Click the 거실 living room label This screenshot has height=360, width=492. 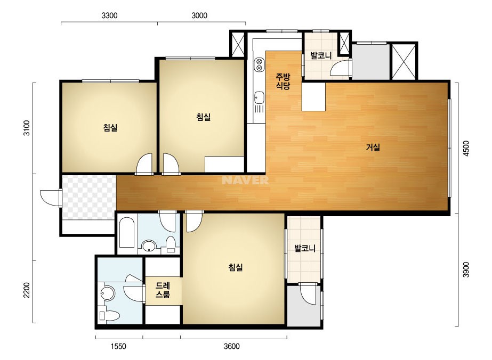(373, 147)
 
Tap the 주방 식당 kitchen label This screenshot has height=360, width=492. (283, 81)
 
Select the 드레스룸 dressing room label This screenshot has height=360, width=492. (163, 290)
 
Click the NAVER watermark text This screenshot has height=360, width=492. (245, 180)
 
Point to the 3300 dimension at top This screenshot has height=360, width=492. (109, 15)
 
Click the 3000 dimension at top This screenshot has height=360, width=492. (199, 15)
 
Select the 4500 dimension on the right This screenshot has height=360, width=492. (466, 149)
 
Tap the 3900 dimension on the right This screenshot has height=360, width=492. (466, 269)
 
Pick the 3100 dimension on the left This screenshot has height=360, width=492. (27, 128)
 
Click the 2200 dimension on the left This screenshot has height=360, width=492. (27, 290)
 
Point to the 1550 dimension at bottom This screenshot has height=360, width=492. (118, 346)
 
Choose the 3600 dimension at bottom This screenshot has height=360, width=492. (231, 346)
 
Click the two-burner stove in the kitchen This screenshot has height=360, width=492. (259, 64)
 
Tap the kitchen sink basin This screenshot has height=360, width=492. (259, 97)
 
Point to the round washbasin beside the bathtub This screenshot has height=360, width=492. (148, 246)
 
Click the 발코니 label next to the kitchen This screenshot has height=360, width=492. (321, 56)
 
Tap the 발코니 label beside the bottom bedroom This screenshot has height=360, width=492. (304, 248)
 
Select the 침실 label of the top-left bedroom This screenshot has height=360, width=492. (110, 128)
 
